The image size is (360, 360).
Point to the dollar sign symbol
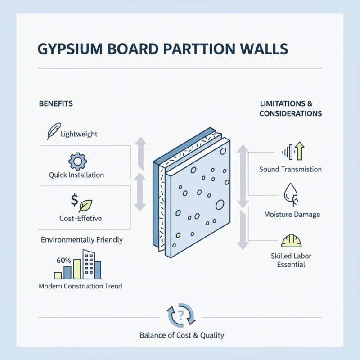[x=74, y=199]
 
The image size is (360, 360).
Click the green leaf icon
[x=85, y=205]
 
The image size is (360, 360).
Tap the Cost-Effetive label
[x=81, y=218]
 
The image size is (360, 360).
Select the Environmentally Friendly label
[x=82, y=240]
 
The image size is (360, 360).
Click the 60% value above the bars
[x=63, y=260]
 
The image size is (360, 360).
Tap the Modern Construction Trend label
[x=81, y=286]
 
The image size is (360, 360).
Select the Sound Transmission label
[x=291, y=170]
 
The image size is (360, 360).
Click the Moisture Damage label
[x=292, y=214]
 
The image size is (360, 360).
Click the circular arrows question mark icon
[x=181, y=315]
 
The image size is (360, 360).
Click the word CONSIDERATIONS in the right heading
[x=291, y=114]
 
